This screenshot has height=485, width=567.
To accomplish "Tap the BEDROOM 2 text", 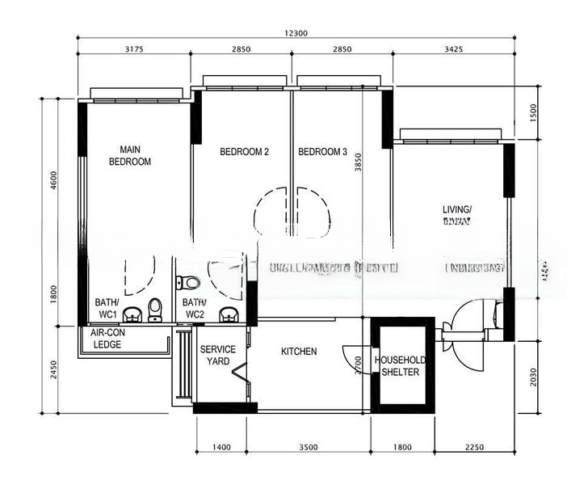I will pyautogui.click(x=244, y=152).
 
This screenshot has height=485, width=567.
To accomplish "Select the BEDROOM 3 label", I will pyautogui.click(x=322, y=152).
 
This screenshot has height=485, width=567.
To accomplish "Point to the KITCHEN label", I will pyautogui.click(x=299, y=352).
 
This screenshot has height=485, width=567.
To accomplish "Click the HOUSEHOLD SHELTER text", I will pyautogui.click(x=401, y=366).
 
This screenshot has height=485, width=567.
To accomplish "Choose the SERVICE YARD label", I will pyautogui.click(x=218, y=355).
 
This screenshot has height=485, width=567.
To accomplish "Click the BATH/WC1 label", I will pyautogui.click(x=107, y=308).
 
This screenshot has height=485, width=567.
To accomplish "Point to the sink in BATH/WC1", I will pyautogui.click(x=132, y=314).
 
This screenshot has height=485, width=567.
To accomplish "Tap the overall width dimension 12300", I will pyautogui.click(x=296, y=34).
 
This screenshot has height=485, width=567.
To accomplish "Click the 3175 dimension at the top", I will pyautogui.click(x=134, y=50).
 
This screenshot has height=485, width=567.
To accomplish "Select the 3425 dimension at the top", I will pyautogui.click(x=453, y=50).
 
